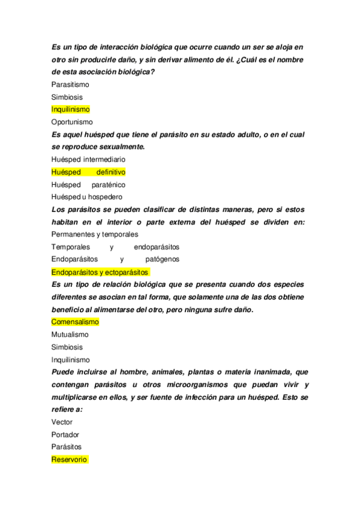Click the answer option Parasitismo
coord(70,85)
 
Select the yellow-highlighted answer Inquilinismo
coord(70,109)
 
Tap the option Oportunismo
coord(72,122)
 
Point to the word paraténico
coord(109,185)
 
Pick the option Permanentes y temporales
coord(95,235)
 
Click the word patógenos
coord(162,259)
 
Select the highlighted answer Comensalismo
coord(75,322)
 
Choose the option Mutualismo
coord(70,335)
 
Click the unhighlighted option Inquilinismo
coord(70,360)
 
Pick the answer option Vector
coord(62,423)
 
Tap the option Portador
coord(65,435)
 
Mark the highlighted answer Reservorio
coord(70,460)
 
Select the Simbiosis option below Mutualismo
coord(67,348)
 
